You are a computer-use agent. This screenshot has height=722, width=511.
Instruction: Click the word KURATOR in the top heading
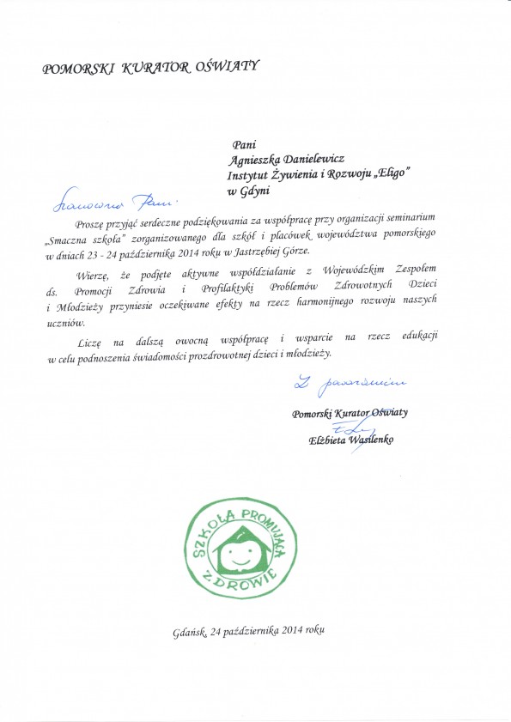click(158, 67)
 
